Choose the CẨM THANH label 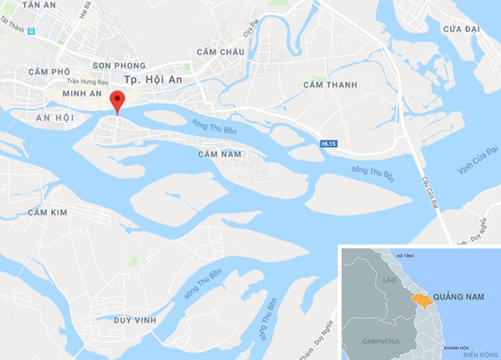330,84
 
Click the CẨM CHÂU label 220,52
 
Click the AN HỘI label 54,118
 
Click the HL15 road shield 328,143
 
